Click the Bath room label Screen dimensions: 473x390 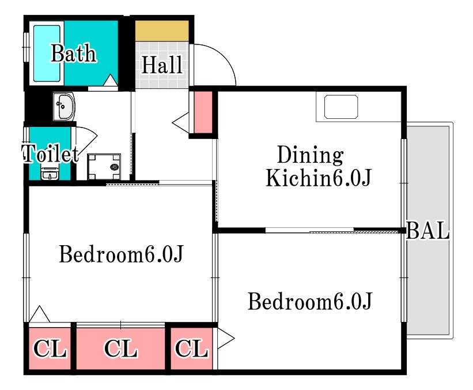point(73,53)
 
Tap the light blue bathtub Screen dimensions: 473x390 point(47,54)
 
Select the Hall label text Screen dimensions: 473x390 point(162,65)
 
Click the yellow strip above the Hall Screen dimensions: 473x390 point(162,31)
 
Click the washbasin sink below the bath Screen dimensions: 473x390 point(64,106)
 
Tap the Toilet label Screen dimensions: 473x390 point(50,153)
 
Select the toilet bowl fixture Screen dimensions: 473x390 point(50,174)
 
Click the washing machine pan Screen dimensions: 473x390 point(104,167)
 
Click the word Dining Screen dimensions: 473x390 point(311,155)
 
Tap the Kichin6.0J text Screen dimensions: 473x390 point(318,178)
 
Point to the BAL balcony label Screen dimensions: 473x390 point(427,230)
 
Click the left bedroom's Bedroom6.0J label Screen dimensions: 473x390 point(121,254)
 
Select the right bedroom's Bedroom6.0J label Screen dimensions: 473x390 point(310,301)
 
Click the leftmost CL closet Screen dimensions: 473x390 point(50,348)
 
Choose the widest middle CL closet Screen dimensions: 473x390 point(120,348)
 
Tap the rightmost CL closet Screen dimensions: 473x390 point(191,348)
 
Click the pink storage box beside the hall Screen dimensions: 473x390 point(203,112)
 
